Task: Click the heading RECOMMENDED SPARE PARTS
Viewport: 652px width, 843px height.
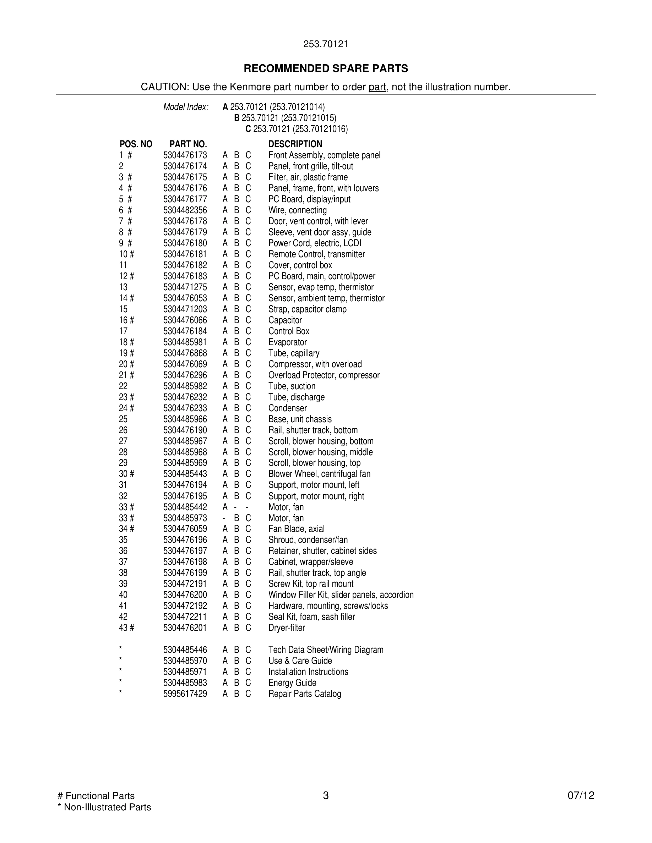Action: click(x=326, y=68)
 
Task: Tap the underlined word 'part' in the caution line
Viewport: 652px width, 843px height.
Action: click(x=377, y=87)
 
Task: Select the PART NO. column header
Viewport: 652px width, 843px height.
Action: click(x=188, y=144)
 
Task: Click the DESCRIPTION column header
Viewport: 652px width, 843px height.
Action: click(x=295, y=144)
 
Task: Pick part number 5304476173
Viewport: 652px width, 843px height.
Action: click(x=185, y=155)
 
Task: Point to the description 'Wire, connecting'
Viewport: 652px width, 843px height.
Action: click(x=298, y=210)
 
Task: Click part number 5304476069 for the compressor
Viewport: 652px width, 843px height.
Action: click(x=185, y=364)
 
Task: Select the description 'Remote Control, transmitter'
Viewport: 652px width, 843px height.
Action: click(x=316, y=254)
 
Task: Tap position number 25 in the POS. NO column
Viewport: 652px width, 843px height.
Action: click(x=123, y=419)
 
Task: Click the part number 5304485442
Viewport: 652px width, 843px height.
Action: click(x=185, y=507)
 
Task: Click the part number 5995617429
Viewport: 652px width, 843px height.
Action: click(x=185, y=694)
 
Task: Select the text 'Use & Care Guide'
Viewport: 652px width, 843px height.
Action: click(x=300, y=661)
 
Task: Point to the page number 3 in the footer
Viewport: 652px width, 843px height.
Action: click(x=326, y=795)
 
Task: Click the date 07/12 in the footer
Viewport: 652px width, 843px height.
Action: click(x=581, y=795)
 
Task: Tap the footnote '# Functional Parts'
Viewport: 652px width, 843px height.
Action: click(x=96, y=795)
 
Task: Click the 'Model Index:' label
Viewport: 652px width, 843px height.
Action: click(x=186, y=107)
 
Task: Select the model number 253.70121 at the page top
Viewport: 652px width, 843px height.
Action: click(x=326, y=44)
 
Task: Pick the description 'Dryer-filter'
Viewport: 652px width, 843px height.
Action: click(x=287, y=628)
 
